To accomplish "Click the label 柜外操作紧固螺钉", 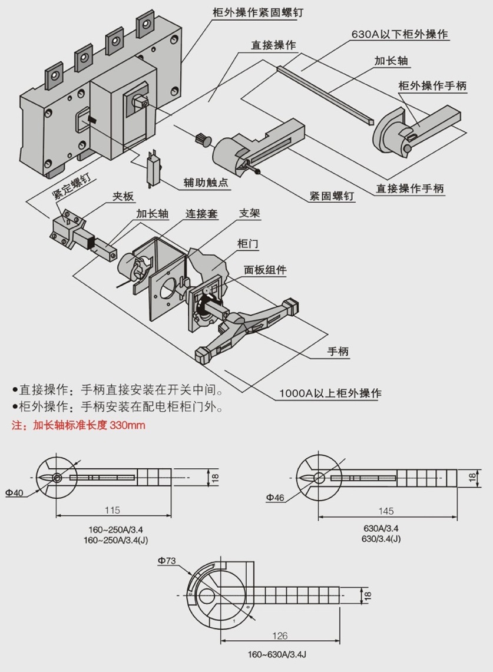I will (257, 12).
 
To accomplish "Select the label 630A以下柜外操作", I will (400, 34).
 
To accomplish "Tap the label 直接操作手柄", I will (411, 189).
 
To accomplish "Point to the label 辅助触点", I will (206, 183).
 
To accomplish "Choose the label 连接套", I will (201, 214).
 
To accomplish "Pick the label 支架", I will (250, 213).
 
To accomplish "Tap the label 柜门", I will (247, 243).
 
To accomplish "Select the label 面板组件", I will (265, 270).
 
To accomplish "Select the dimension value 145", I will (386, 510).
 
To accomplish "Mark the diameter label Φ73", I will (166, 561).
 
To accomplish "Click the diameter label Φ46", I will (275, 498).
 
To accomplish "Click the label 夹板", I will (124, 198).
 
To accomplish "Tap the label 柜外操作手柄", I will (432, 86).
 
